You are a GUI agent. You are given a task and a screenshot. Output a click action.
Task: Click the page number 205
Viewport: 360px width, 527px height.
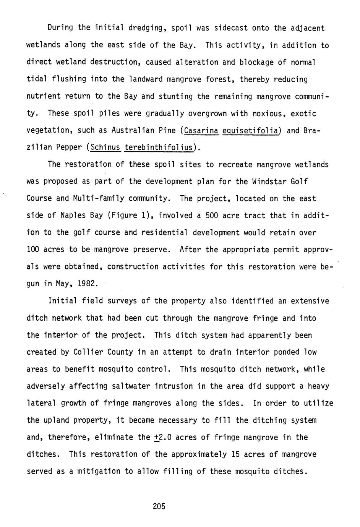pos(159,506)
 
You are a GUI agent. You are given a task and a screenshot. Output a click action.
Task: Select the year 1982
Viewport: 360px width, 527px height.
pos(88,284)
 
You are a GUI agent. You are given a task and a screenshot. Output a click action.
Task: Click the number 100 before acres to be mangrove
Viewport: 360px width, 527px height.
pos(32,250)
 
